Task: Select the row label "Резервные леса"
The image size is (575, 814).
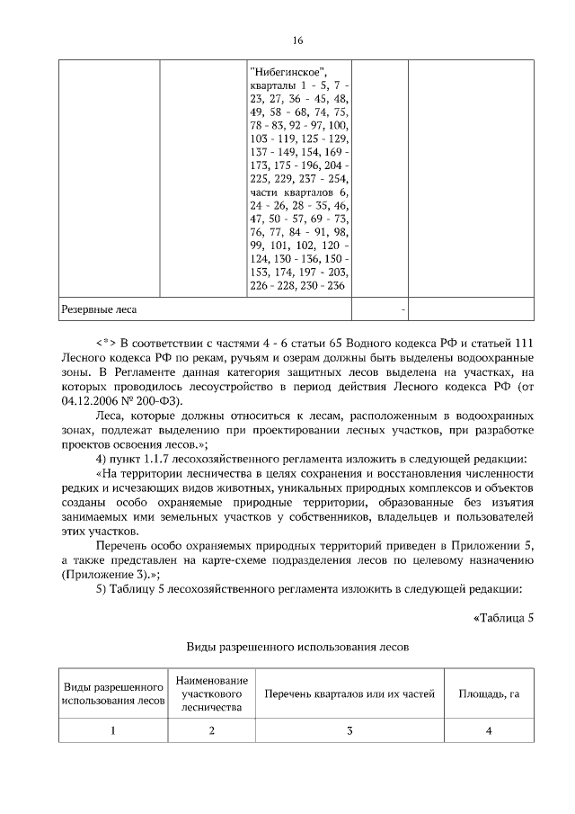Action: [x=99, y=309]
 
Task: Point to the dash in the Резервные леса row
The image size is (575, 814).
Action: [x=402, y=309]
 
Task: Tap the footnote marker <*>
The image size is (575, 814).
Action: [x=105, y=343]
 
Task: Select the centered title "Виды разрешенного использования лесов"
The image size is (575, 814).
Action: [x=297, y=647]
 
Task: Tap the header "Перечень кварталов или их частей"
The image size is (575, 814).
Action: [x=349, y=694]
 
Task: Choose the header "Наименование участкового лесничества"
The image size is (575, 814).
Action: [x=212, y=694]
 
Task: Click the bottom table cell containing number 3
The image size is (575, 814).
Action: [x=349, y=730]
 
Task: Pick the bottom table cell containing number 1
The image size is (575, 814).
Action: [x=113, y=730]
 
